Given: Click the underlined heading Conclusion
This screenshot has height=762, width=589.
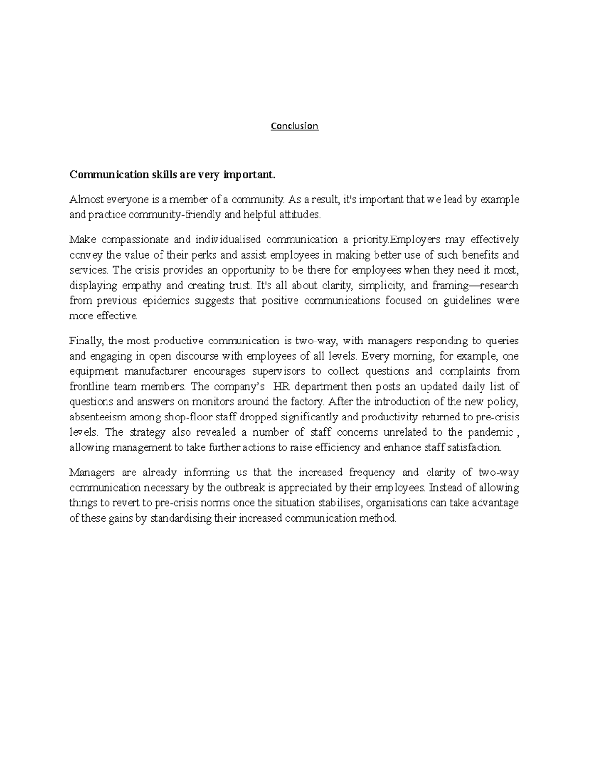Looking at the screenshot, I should (x=294, y=126).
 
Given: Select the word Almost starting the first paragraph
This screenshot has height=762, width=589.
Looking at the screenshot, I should (x=84, y=200).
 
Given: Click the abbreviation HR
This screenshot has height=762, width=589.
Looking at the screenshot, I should (x=278, y=387).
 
